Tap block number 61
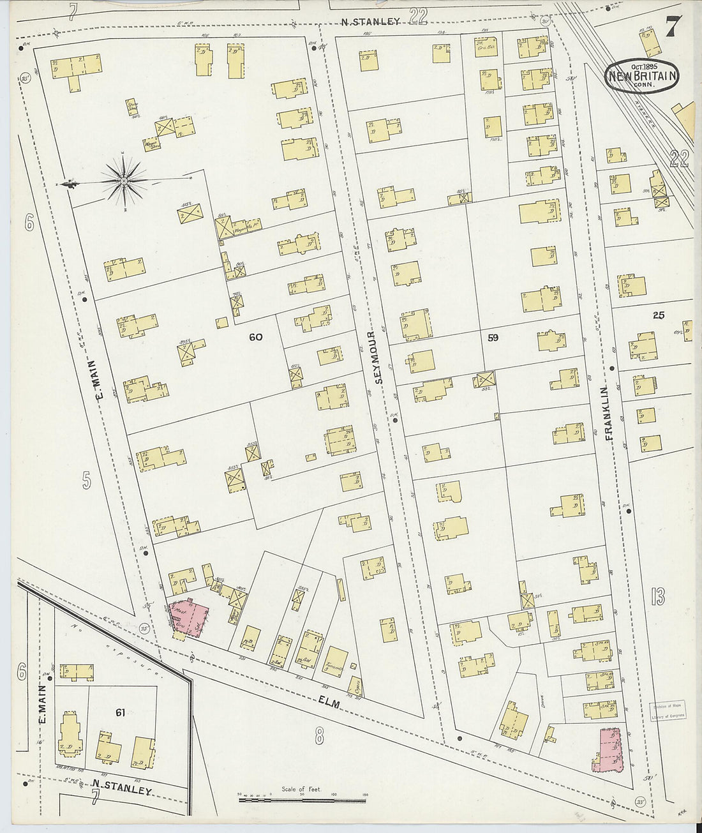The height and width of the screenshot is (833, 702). [x=119, y=711]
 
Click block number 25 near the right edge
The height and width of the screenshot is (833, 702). [x=658, y=315]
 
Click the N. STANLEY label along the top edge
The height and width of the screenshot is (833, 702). [x=370, y=21]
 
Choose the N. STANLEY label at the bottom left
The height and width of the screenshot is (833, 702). [x=121, y=787]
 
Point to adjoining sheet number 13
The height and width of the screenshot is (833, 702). [x=658, y=597]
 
